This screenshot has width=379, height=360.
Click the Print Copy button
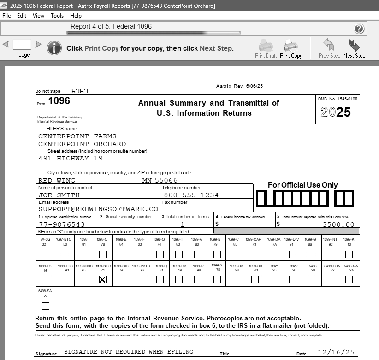(291, 48)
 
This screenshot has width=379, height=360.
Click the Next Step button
(354, 48)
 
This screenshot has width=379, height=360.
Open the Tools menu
(57, 15)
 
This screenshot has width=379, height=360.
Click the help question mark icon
(360, 29)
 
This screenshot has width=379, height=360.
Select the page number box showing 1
(22, 44)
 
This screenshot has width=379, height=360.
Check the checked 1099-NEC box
(102, 279)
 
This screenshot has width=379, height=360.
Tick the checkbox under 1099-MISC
(83, 279)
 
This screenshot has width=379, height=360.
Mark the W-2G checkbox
(45, 254)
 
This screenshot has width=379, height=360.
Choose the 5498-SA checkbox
(45, 306)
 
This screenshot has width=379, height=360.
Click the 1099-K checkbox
(349, 254)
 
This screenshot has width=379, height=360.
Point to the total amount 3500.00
(338, 224)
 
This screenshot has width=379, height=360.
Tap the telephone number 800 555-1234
(191, 195)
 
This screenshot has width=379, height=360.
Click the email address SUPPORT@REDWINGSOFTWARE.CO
(98, 209)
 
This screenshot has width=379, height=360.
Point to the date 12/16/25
(336, 352)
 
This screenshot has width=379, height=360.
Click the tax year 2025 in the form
(336, 112)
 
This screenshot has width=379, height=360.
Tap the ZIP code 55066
(166, 180)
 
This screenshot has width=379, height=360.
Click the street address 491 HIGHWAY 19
(71, 159)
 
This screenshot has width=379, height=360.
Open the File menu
(6, 15)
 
